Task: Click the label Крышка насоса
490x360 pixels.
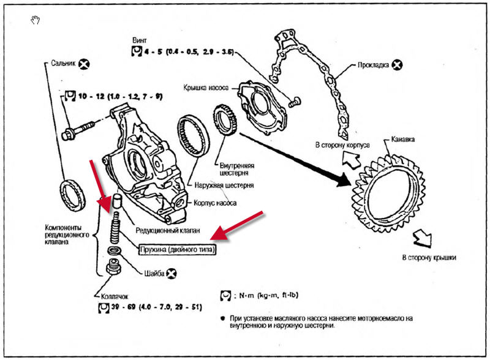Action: pyautogui.click(x=206, y=88)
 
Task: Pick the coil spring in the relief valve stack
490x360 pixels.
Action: pyautogui.click(x=115, y=230)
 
